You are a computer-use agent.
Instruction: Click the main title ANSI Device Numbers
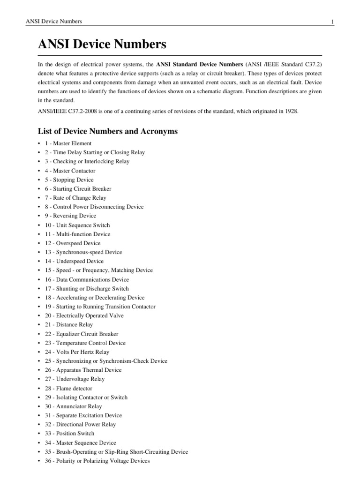102,45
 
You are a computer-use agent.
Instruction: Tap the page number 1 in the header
332,22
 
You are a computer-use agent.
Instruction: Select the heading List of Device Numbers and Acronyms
107,131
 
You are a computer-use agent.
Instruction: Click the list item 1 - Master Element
68,143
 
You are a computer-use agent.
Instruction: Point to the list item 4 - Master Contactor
70,171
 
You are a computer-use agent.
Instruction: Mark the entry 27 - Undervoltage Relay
75,379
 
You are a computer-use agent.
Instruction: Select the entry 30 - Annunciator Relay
73,406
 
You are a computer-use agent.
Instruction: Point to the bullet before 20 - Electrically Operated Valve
39,315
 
